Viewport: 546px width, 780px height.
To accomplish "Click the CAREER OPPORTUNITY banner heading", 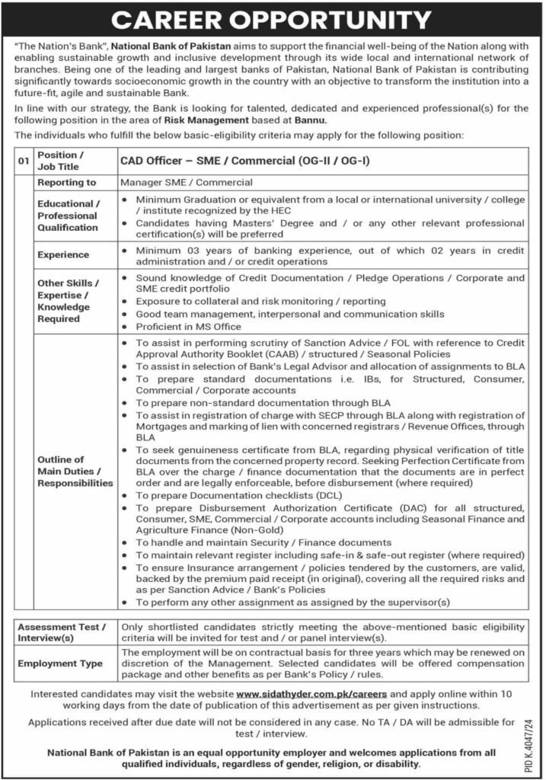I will click(273, 20).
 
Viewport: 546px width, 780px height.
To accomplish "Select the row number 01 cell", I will click(24, 160).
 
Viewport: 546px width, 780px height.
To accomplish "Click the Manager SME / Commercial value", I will click(187, 183).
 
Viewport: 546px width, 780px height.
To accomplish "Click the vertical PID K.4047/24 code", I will click(530, 733).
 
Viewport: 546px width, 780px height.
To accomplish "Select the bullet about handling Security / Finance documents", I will click(263, 543).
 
